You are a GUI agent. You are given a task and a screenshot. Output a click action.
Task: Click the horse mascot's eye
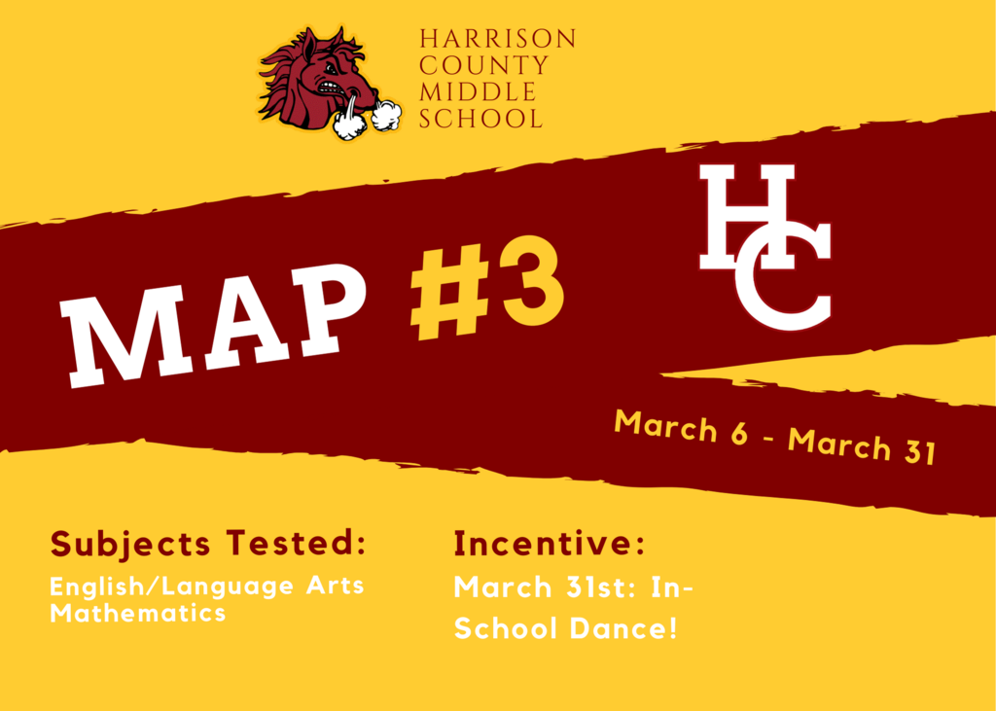330,69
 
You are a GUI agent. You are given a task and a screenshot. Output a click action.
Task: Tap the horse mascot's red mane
283,83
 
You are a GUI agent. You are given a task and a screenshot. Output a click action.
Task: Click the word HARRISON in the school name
497,39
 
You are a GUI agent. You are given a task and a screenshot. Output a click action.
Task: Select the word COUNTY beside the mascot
483,65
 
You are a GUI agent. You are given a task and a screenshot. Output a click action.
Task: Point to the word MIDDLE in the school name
478,92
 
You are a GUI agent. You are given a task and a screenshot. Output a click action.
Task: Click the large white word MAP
213,324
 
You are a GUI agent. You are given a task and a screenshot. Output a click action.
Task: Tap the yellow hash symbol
449,293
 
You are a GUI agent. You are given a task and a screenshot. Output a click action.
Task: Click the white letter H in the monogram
747,216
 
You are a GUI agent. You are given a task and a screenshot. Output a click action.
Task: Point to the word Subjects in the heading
130,545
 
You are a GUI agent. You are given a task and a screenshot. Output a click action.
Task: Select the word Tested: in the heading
297,543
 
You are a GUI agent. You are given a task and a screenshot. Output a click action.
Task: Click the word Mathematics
138,613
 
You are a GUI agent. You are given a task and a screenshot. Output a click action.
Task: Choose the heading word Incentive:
550,544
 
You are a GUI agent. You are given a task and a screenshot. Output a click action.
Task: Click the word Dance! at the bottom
623,628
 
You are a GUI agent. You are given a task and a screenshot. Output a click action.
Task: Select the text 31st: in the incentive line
601,587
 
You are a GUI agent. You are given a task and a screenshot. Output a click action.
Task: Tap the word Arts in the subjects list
335,585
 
